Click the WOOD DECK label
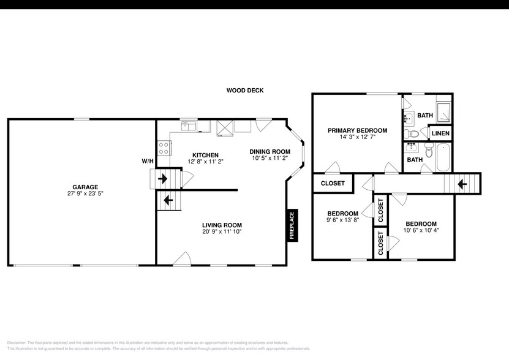point(244,91)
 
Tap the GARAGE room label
point(85,187)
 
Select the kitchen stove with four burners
point(164,148)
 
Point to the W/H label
point(148,162)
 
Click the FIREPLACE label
point(292,225)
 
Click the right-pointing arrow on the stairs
point(163,179)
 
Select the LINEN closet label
point(440,133)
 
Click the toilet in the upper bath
point(413,134)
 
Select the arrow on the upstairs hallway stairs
point(462,182)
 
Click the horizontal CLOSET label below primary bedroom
point(333,183)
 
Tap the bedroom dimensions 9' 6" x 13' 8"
point(342,220)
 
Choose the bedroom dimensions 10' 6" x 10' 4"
point(421,231)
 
